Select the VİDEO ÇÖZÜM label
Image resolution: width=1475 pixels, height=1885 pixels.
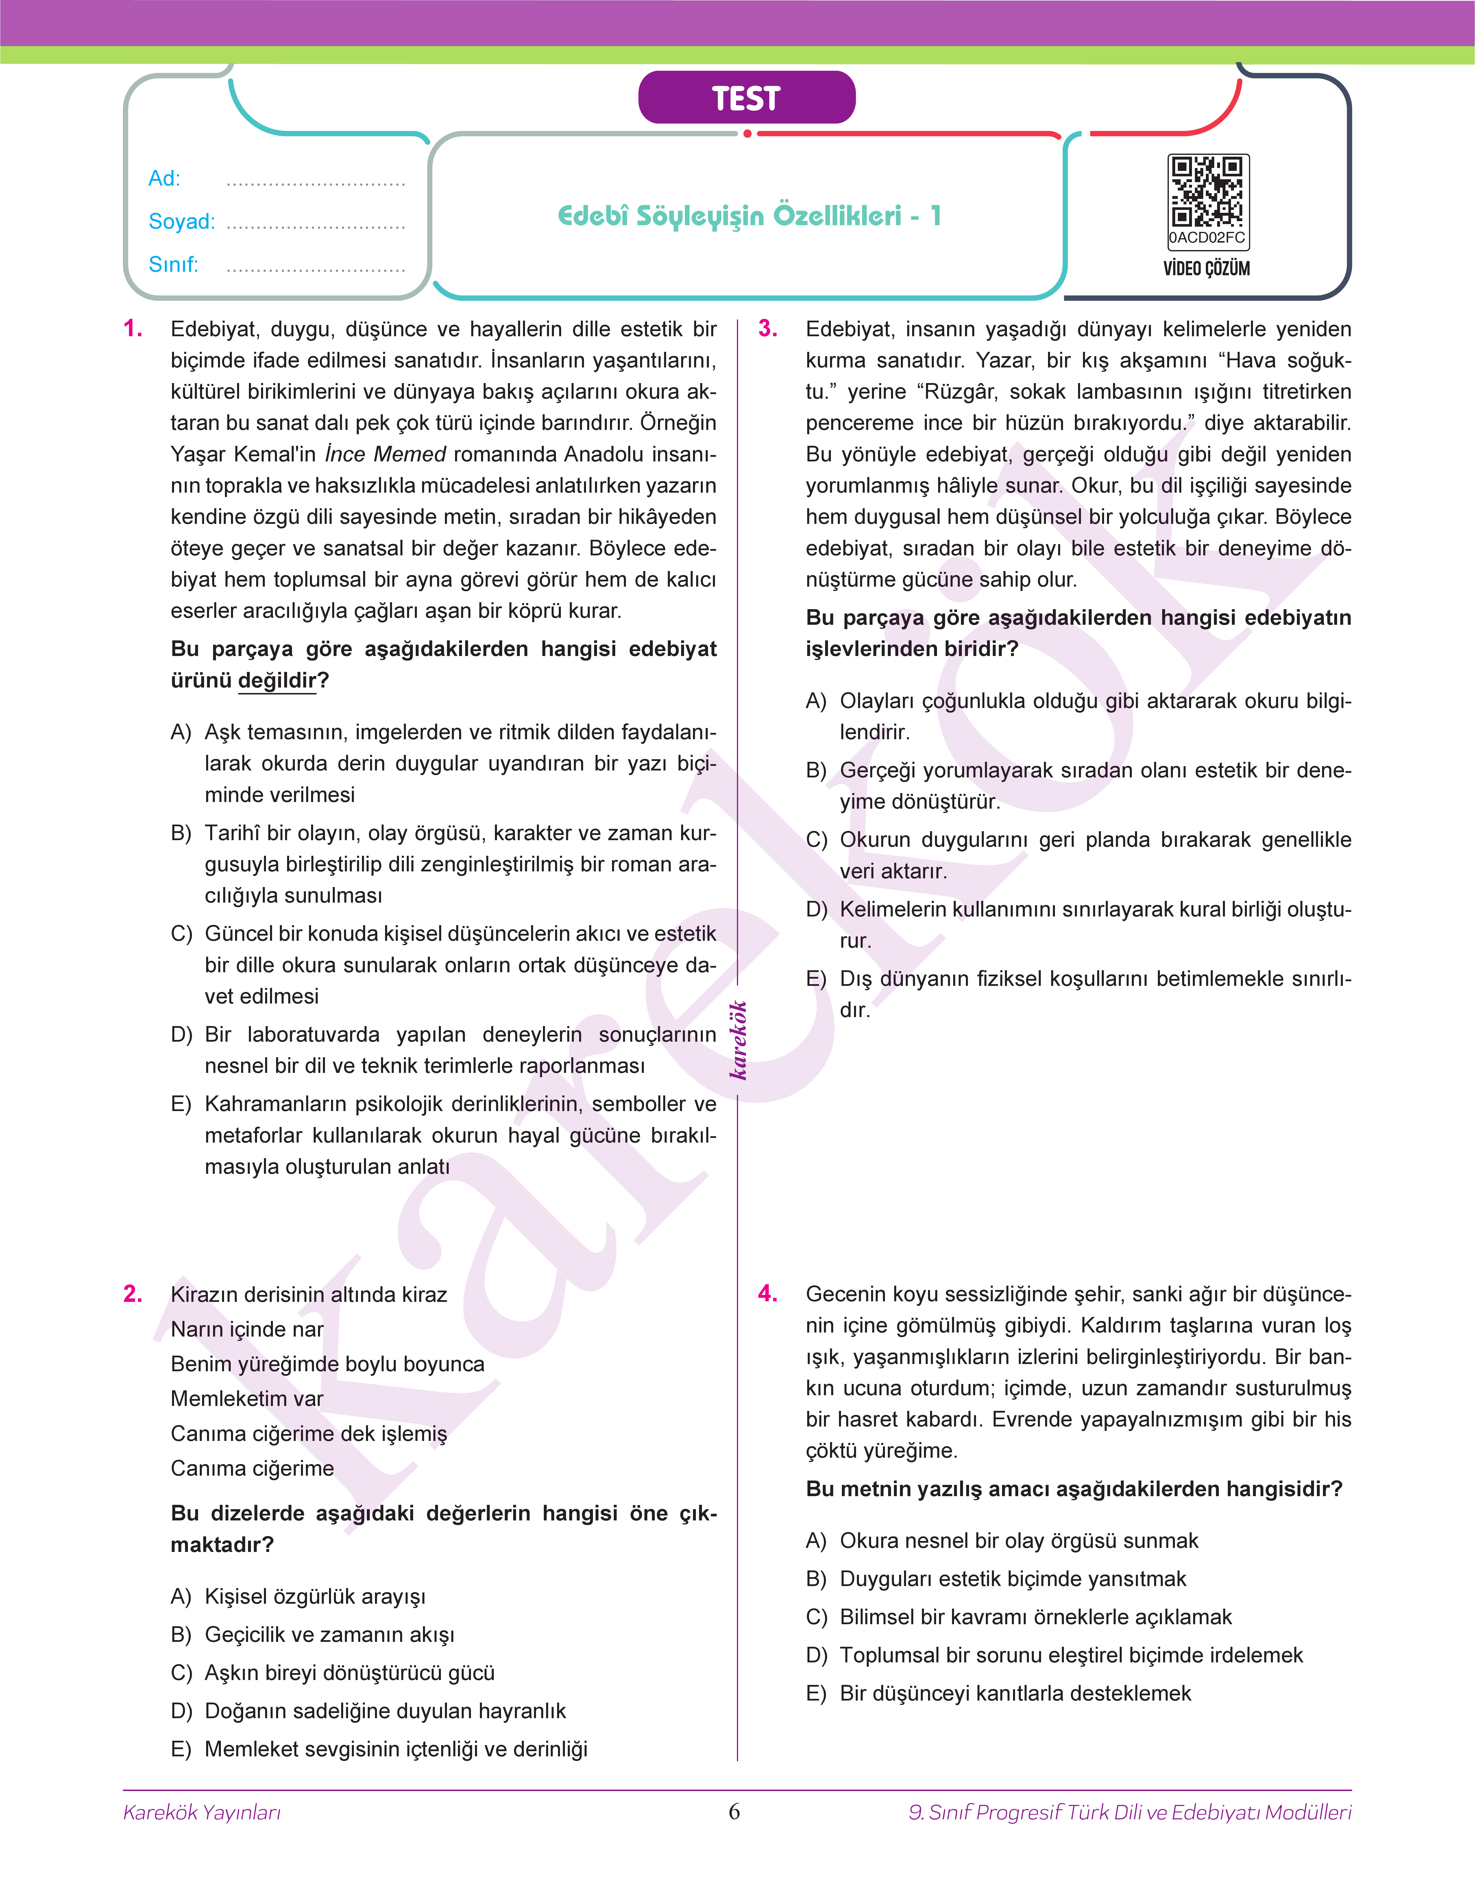(1206, 269)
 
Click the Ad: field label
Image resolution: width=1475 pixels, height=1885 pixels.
(164, 179)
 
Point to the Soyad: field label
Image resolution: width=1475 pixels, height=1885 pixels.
(181, 222)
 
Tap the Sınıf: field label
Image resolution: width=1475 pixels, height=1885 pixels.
(173, 264)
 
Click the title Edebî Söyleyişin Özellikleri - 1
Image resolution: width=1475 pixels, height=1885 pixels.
(749, 216)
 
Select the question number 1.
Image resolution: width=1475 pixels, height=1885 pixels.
(133, 329)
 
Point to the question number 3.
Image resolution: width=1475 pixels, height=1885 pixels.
(768, 329)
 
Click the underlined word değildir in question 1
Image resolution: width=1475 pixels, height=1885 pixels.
(277, 681)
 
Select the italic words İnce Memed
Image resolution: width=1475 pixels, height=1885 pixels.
(385, 454)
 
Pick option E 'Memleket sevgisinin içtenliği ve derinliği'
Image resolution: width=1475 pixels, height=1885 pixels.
(395, 1749)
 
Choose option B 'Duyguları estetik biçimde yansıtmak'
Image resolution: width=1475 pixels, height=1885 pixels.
(1012, 1579)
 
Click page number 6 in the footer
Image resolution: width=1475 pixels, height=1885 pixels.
(734, 1812)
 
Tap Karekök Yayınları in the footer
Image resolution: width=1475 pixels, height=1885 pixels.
(202, 1812)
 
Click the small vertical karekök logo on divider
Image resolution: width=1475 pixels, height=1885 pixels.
(738, 1041)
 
